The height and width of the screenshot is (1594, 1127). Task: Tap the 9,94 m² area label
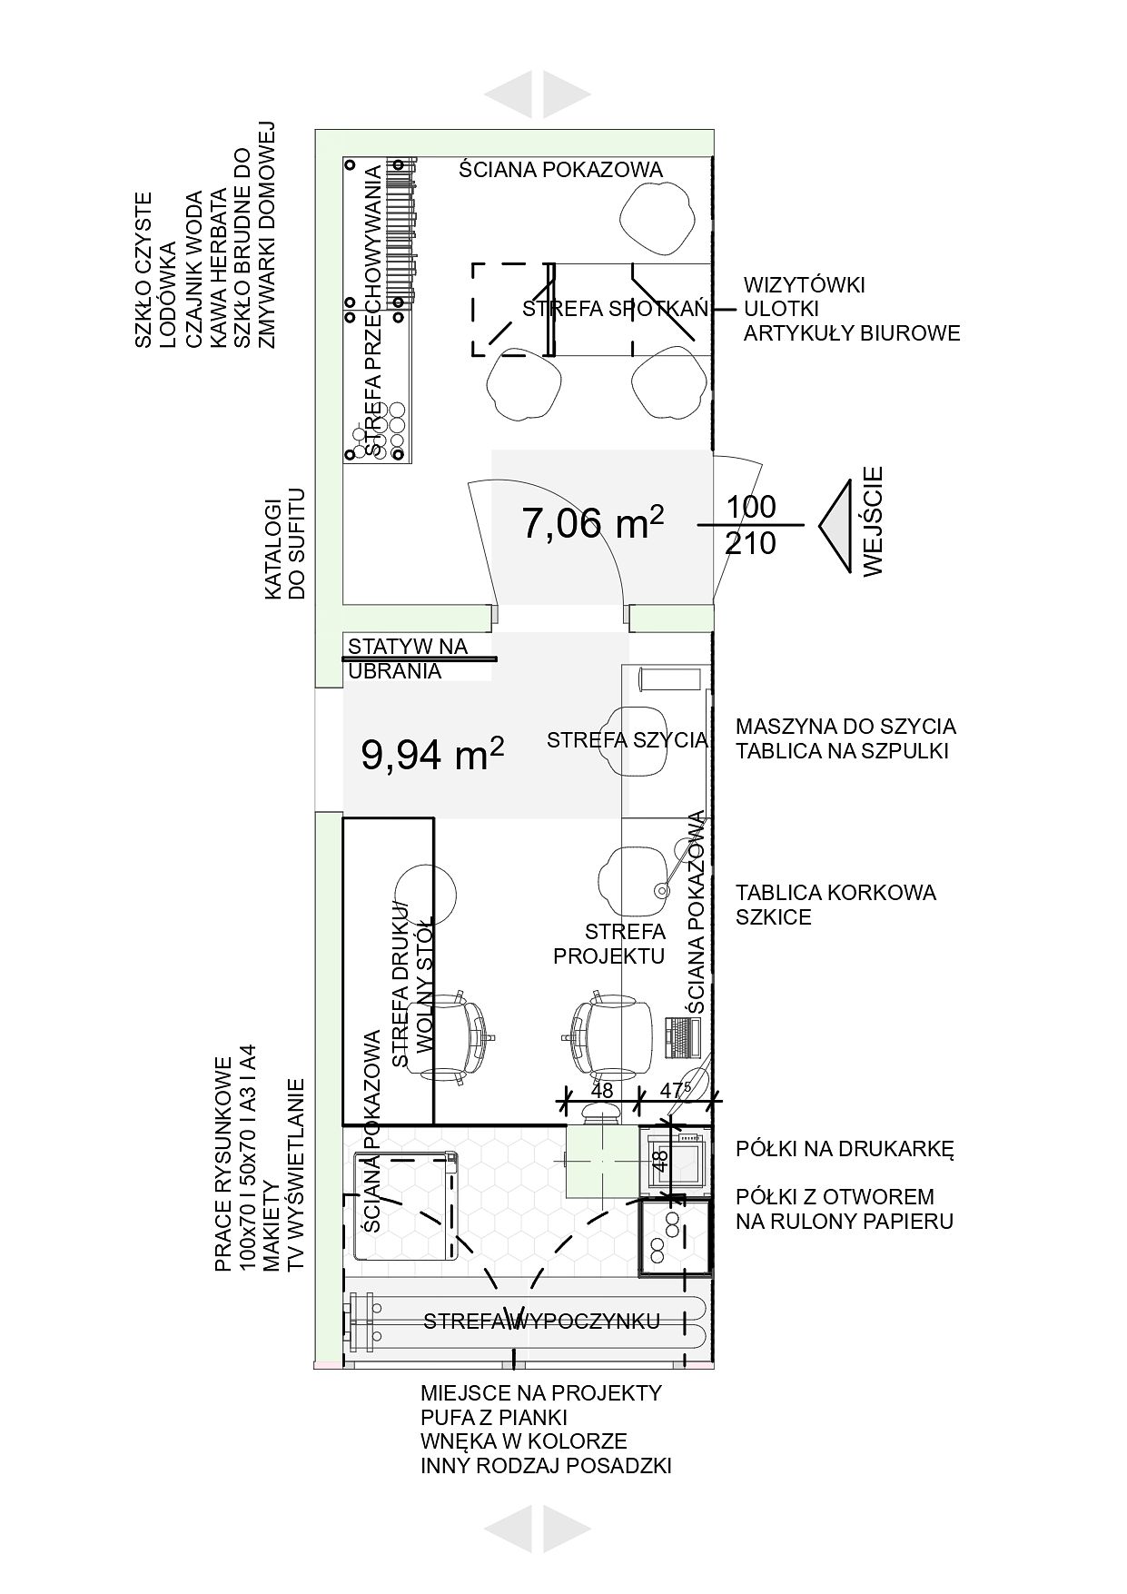click(432, 753)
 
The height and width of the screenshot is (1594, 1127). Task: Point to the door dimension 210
click(751, 543)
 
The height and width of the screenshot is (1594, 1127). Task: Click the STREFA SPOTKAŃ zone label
click(615, 309)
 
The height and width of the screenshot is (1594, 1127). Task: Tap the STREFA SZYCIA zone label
click(627, 739)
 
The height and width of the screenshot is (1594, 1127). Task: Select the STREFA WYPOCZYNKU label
click(541, 1321)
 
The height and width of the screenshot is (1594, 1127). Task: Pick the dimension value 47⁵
click(676, 1089)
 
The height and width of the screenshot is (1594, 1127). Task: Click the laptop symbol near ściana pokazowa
click(681, 1037)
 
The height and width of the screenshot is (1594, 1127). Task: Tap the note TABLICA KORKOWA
click(835, 892)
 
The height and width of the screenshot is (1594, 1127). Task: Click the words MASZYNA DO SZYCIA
click(845, 727)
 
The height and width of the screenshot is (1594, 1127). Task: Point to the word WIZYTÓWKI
click(804, 284)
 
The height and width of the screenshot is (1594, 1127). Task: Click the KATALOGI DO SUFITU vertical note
click(284, 544)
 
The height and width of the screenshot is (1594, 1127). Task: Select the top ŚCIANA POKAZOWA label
click(560, 169)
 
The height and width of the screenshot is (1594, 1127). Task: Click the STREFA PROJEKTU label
click(609, 944)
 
